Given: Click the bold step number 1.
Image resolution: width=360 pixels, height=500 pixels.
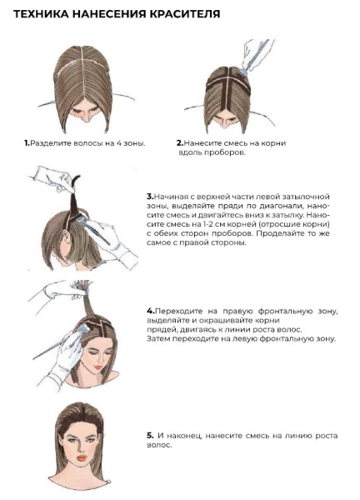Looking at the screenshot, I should [26, 143].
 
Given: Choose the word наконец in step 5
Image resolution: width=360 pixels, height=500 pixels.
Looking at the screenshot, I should [185, 434].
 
